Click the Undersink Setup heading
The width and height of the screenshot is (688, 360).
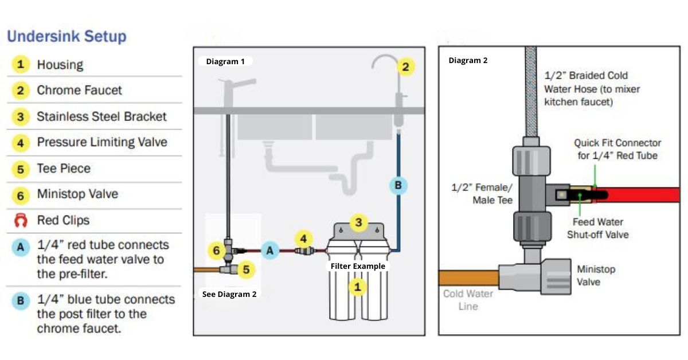[67, 37]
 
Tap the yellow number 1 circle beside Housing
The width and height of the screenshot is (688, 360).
[21, 64]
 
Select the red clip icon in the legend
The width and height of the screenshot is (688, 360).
[21, 221]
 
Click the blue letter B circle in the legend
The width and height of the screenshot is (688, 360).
[21, 300]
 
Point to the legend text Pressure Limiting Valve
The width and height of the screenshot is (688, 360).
[102, 142]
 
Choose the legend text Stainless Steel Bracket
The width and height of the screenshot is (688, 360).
[101, 116]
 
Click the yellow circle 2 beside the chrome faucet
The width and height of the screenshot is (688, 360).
[405, 67]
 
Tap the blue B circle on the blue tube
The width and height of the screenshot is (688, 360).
[397, 185]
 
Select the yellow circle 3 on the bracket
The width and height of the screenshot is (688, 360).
[358, 222]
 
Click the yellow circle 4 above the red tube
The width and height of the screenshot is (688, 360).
[304, 238]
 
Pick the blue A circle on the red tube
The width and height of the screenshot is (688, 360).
[270, 250]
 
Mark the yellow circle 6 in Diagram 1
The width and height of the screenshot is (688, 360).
[216, 251]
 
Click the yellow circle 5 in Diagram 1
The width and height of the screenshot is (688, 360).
[246, 268]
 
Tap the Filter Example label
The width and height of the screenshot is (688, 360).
[358, 266]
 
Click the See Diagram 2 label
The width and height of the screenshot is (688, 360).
[229, 294]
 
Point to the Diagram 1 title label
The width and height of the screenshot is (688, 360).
[225, 61]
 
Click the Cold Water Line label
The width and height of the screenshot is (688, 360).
[468, 300]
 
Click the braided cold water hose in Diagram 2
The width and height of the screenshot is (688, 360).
[531, 92]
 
